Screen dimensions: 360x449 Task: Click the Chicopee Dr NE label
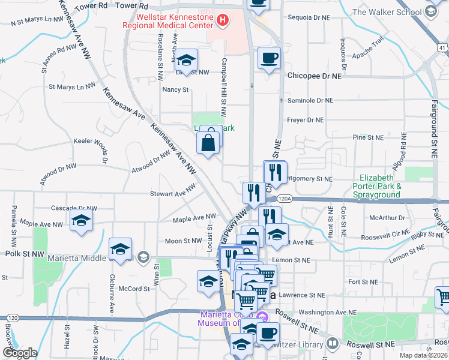pos(314,77)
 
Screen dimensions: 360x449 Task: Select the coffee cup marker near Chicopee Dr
pos(268,59)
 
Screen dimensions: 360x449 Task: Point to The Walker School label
pos(396,11)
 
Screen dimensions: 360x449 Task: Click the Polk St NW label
pos(25,254)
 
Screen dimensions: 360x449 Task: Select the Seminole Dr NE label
pos(310,101)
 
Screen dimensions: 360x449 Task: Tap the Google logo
pos(20,353)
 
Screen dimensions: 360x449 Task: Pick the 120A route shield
pos(285,199)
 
